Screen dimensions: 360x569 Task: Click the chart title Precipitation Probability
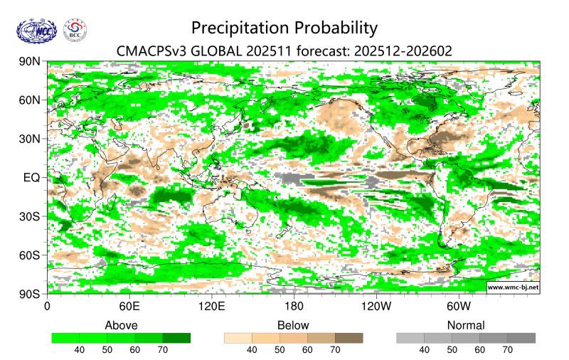coord(284,28)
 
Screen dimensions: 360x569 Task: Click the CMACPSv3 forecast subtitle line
coord(284,51)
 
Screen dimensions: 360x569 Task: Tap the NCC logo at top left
coord(36,30)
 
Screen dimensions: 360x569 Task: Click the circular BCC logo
coord(75,30)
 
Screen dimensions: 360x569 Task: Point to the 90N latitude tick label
coord(29,62)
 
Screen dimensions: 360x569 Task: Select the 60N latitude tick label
coord(29,100)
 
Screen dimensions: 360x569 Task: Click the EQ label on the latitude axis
coord(32,177)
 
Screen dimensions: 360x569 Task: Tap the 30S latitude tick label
coord(29,216)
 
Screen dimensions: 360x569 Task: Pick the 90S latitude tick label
coord(29,293)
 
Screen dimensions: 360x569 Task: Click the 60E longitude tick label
coord(129,306)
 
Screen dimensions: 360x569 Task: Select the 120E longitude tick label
coord(211,306)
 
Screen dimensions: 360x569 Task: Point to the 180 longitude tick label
coord(294,306)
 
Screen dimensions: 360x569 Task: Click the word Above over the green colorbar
coord(121,325)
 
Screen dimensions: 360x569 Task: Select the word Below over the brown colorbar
coord(293,325)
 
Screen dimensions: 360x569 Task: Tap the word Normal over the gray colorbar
coord(465,325)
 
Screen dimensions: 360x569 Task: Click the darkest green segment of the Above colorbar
coord(176,338)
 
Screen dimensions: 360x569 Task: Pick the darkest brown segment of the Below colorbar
coord(349,338)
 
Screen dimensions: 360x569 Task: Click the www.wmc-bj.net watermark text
coord(513,287)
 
